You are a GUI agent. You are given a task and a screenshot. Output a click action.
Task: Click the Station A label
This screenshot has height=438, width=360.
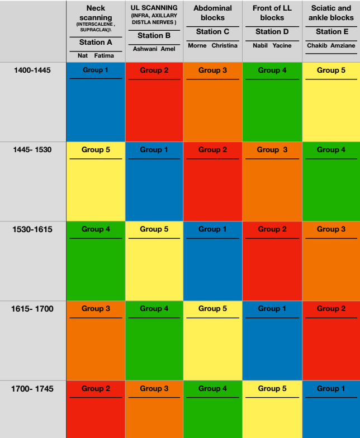tap(96, 43)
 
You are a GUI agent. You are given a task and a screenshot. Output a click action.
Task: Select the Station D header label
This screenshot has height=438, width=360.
tap(272, 32)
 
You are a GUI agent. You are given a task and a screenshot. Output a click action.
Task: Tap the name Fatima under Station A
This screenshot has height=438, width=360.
tap(104, 55)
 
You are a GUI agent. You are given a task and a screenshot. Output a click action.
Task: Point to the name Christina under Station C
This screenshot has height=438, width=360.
tap(224, 45)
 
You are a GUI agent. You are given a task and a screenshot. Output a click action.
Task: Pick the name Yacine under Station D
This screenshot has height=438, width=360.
tap(282, 45)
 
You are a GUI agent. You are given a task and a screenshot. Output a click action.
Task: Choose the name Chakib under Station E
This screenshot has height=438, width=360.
tap(317, 45)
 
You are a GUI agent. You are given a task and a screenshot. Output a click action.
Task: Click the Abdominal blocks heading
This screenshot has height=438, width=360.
tap(212, 13)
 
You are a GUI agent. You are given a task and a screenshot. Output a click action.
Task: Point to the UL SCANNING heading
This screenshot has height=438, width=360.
tap(154, 8)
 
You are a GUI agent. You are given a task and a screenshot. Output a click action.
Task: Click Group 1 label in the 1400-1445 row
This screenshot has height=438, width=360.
tap(96, 70)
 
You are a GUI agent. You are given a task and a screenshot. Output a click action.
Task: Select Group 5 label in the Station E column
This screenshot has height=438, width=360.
tap(331, 70)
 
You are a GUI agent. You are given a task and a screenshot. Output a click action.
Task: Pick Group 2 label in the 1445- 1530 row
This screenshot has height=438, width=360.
tap(212, 149)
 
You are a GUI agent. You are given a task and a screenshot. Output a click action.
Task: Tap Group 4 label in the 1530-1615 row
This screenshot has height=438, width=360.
tap(96, 229)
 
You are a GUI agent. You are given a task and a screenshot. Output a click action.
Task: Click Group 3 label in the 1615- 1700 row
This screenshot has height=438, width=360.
tap(96, 308)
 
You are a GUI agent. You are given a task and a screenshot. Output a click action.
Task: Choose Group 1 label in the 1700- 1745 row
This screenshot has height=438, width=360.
tap(331, 388)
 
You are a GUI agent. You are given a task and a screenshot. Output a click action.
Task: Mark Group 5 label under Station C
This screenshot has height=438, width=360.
tap(212, 308)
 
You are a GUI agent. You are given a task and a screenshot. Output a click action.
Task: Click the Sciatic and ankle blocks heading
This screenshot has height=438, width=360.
tap(331, 13)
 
